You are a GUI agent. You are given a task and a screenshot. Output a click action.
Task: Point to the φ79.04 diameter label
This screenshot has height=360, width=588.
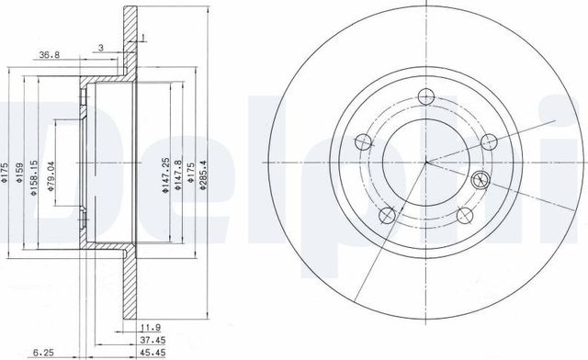(x=51, y=170)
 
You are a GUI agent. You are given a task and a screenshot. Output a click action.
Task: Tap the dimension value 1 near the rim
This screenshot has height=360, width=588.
(x=143, y=37)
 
